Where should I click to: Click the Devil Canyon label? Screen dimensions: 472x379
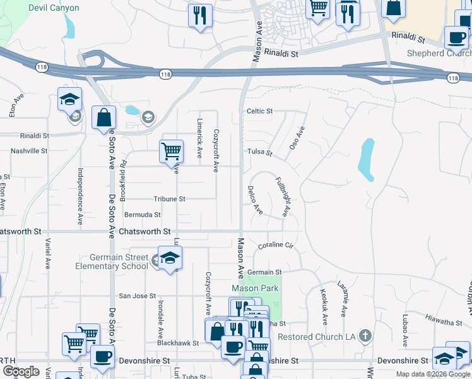point(54,8)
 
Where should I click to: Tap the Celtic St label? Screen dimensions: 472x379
point(259,111)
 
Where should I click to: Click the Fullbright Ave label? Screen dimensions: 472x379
point(281,197)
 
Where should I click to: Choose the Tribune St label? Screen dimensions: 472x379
point(169,198)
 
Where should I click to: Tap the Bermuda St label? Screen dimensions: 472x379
point(143,215)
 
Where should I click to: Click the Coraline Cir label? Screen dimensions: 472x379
point(276,244)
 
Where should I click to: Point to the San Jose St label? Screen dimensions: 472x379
point(137,296)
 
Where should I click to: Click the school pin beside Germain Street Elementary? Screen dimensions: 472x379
point(169,258)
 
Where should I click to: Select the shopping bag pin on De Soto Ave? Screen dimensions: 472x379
point(103,117)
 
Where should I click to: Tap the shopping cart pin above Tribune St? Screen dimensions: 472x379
point(171,152)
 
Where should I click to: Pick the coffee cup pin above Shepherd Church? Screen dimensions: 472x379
point(456,37)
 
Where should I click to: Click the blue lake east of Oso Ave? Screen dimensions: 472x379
point(366,159)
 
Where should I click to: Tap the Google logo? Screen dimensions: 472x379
point(21,371)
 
